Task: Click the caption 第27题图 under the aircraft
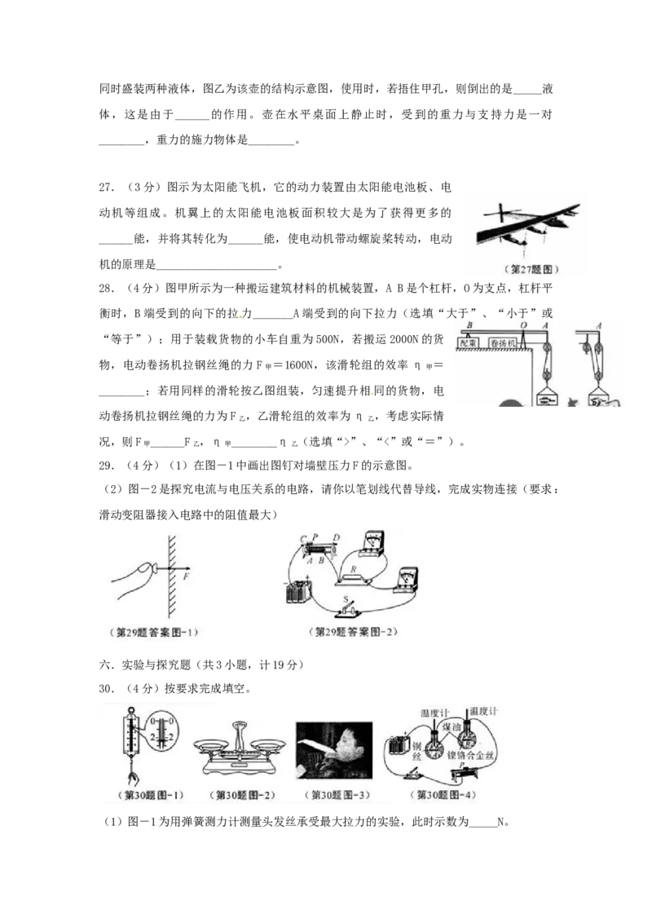pyautogui.click(x=525, y=268)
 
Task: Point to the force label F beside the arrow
pyautogui.click(x=187, y=576)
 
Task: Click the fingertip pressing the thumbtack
pyautogui.click(x=147, y=569)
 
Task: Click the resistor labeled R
pyautogui.click(x=352, y=576)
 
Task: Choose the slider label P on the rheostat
pyautogui.click(x=315, y=538)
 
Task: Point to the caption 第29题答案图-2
pyautogui.click(x=359, y=633)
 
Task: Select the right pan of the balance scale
pyautogui.click(x=268, y=744)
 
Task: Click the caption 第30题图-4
pyautogui.click(x=443, y=795)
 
